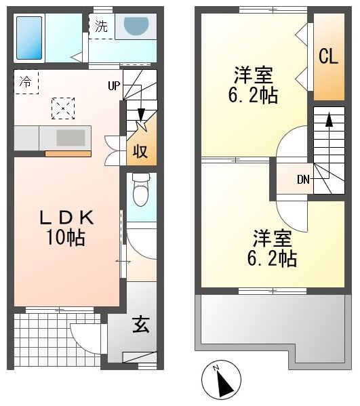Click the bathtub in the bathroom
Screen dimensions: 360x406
tap(29, 38)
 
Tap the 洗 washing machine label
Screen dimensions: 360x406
tap(101, 26)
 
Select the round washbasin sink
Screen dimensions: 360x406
tap(136, 25)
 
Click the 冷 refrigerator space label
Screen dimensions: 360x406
tap(26, 82)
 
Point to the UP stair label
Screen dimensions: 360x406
tap(114, 85)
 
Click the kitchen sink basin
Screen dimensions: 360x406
tap(71, 138)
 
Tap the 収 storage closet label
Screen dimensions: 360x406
tap(140, 151)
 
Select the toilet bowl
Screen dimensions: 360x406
tap(141, 190)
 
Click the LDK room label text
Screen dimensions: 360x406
tap(66, 218)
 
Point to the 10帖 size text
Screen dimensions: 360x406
tap(66, 238)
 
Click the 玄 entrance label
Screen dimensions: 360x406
tap(141, 325)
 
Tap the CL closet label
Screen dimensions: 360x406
tap(328, 57)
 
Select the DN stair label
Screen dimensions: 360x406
tap(303, 179)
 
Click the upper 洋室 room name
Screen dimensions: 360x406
tap(254, 75)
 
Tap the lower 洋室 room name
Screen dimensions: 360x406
tap(273, 238)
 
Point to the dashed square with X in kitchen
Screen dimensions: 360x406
tap(63, 108)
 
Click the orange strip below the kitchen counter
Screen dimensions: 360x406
tap(68, 154)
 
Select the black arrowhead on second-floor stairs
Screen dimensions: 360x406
tap(329, 119)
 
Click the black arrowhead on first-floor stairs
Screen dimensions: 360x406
tap(141, 114)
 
